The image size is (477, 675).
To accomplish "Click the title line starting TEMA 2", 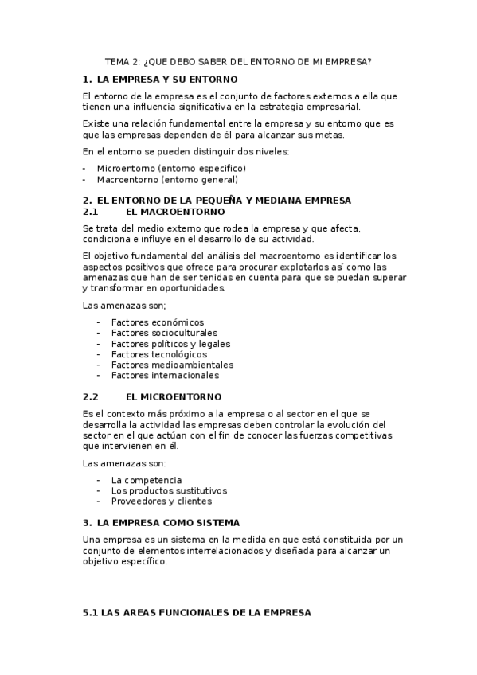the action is pos(238,61).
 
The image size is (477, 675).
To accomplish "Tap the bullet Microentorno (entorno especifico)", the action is pos(171,168).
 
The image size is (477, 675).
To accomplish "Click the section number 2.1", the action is pos(90,212).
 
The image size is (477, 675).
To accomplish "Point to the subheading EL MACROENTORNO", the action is pos(175,212).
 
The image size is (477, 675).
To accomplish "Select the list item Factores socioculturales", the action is pos(164,333).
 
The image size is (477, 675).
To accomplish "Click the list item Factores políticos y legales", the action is pos(170,344).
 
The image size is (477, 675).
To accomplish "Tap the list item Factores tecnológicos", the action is pos(159,354).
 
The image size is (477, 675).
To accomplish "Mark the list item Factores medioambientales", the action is pos(172,365).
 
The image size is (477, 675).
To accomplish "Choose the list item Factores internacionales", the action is pos(165,375).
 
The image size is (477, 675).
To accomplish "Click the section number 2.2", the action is pos(90,396).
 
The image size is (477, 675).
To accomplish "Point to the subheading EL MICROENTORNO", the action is pos(174,396).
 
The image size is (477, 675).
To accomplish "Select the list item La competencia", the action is pos(147,480).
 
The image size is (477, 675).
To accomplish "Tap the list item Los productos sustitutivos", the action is pos(169,490).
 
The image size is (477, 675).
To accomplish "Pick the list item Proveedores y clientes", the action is pos(161,501).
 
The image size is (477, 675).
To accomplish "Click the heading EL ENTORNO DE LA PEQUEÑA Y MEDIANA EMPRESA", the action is pos(223,200).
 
